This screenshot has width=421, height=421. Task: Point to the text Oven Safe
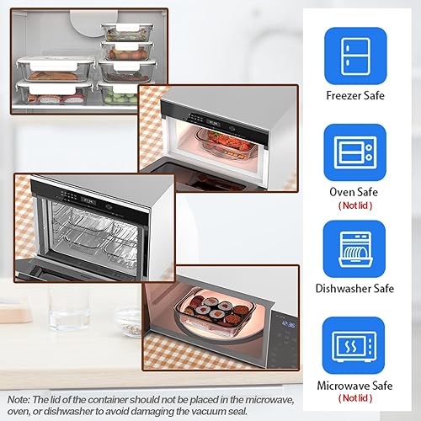(x=354, y=191)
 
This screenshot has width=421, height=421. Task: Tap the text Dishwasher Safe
(x=354, y=289)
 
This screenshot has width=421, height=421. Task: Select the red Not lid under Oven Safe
(x=354, y=205)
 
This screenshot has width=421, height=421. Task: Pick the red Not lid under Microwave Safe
(x=354, y=397)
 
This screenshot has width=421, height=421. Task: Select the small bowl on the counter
(x=126, y=319)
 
